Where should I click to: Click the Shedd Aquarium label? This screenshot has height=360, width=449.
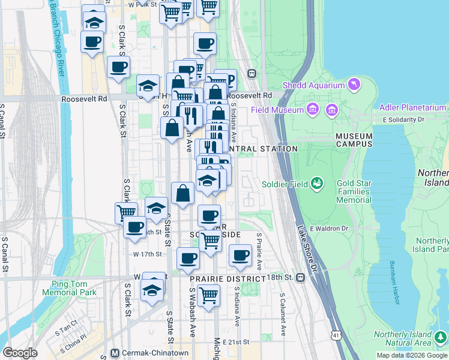(x=314, y=85)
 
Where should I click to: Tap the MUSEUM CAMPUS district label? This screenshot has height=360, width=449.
(x=354, y=140)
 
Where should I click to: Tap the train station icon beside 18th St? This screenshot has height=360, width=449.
(x=301, y=277)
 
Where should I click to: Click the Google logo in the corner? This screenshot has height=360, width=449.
(x=20, y=353)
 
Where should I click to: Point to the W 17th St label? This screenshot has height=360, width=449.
(x=148, y=254)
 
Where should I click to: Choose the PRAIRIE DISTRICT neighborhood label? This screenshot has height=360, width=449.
(x=228, y=279)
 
